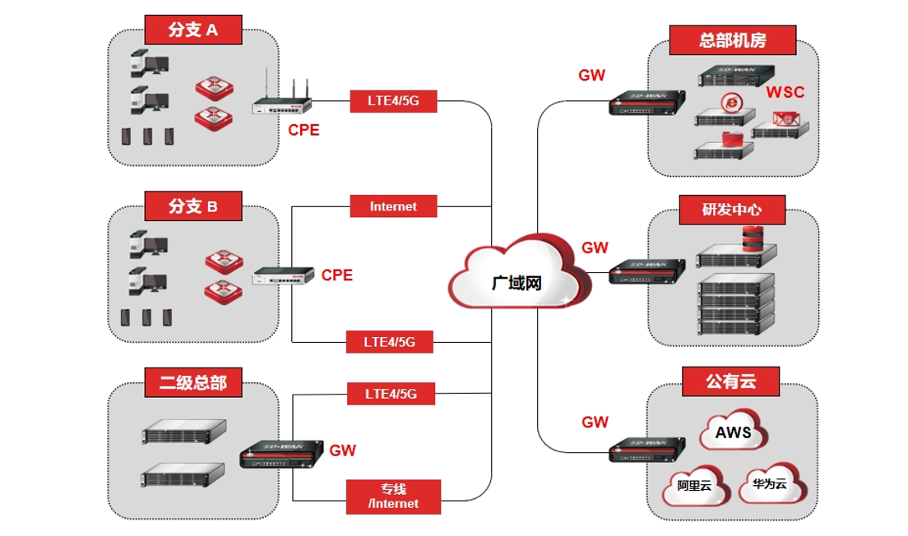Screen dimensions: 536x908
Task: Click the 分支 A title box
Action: tap(193, 30)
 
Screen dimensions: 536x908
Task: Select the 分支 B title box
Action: tap(193, 206)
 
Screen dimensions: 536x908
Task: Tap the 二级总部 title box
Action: tap(193, 381)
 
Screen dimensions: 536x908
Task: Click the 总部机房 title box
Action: tap(733, 39)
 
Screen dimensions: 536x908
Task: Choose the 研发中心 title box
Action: tap(731, 209)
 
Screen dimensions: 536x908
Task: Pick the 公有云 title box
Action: tap(730, 381)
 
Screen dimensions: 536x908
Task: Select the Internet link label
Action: tap(393, 206)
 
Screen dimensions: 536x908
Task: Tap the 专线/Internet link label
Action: tap(393, 497)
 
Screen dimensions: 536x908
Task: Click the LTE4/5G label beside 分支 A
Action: tap(392, 102)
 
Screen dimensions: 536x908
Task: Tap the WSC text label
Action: tap(785, 92)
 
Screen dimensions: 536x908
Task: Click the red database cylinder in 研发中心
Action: tap(754, 238)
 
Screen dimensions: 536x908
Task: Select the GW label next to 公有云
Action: tap(595, 423)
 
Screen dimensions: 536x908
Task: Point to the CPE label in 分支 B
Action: tap(336, 275)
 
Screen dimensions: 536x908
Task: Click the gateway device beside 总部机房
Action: tap(647, 104)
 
